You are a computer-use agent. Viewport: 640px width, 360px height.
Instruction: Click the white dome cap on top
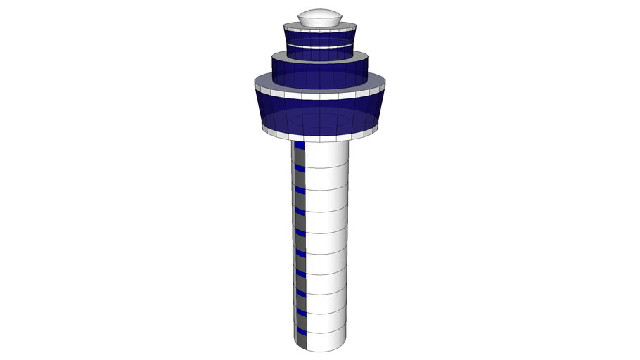(319, 17)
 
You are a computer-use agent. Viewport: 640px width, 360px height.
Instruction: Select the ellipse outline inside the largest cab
(319, 121)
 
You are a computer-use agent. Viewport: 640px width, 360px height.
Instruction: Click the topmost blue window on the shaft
(300, 146)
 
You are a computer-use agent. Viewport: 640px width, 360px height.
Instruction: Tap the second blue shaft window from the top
(300, 168)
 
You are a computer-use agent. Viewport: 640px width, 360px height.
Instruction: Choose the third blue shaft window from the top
(300, 189)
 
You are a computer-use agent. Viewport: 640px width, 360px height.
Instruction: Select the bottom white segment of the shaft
(326, 339)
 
